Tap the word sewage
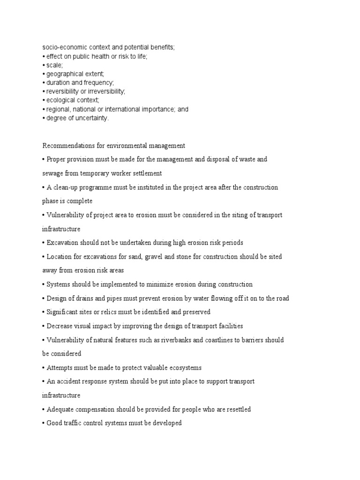click(52, 173)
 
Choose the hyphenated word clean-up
click(66, 187)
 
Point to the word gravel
click(173, 257)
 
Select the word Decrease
click(60, 326)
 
